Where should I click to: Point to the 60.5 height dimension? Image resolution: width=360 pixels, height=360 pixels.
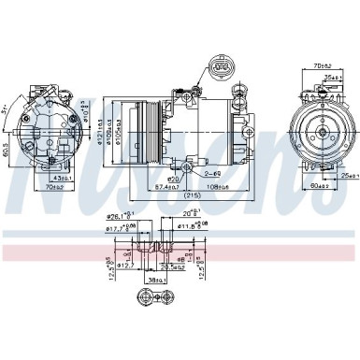[7, 151]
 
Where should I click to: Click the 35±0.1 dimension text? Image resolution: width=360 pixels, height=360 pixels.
[335, 79]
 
